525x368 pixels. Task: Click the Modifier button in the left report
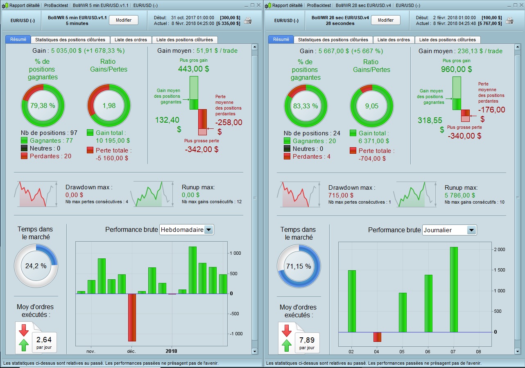pos(123,20)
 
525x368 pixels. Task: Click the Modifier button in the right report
pos(385,20)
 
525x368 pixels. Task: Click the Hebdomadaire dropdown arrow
pos(209,230)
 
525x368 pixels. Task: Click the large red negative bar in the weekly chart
pos(132,317)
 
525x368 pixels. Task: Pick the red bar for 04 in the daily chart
pos(377,337)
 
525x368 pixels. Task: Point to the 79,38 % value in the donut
pos(43,105)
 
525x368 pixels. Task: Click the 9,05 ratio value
pos(371,105)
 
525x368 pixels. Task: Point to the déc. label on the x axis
pos(131,351)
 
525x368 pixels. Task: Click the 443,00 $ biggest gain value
pos(193,69)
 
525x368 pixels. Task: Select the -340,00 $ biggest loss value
pos(464,136)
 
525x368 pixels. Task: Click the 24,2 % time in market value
pos(36,265)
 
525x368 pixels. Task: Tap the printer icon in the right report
pos(509,20)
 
